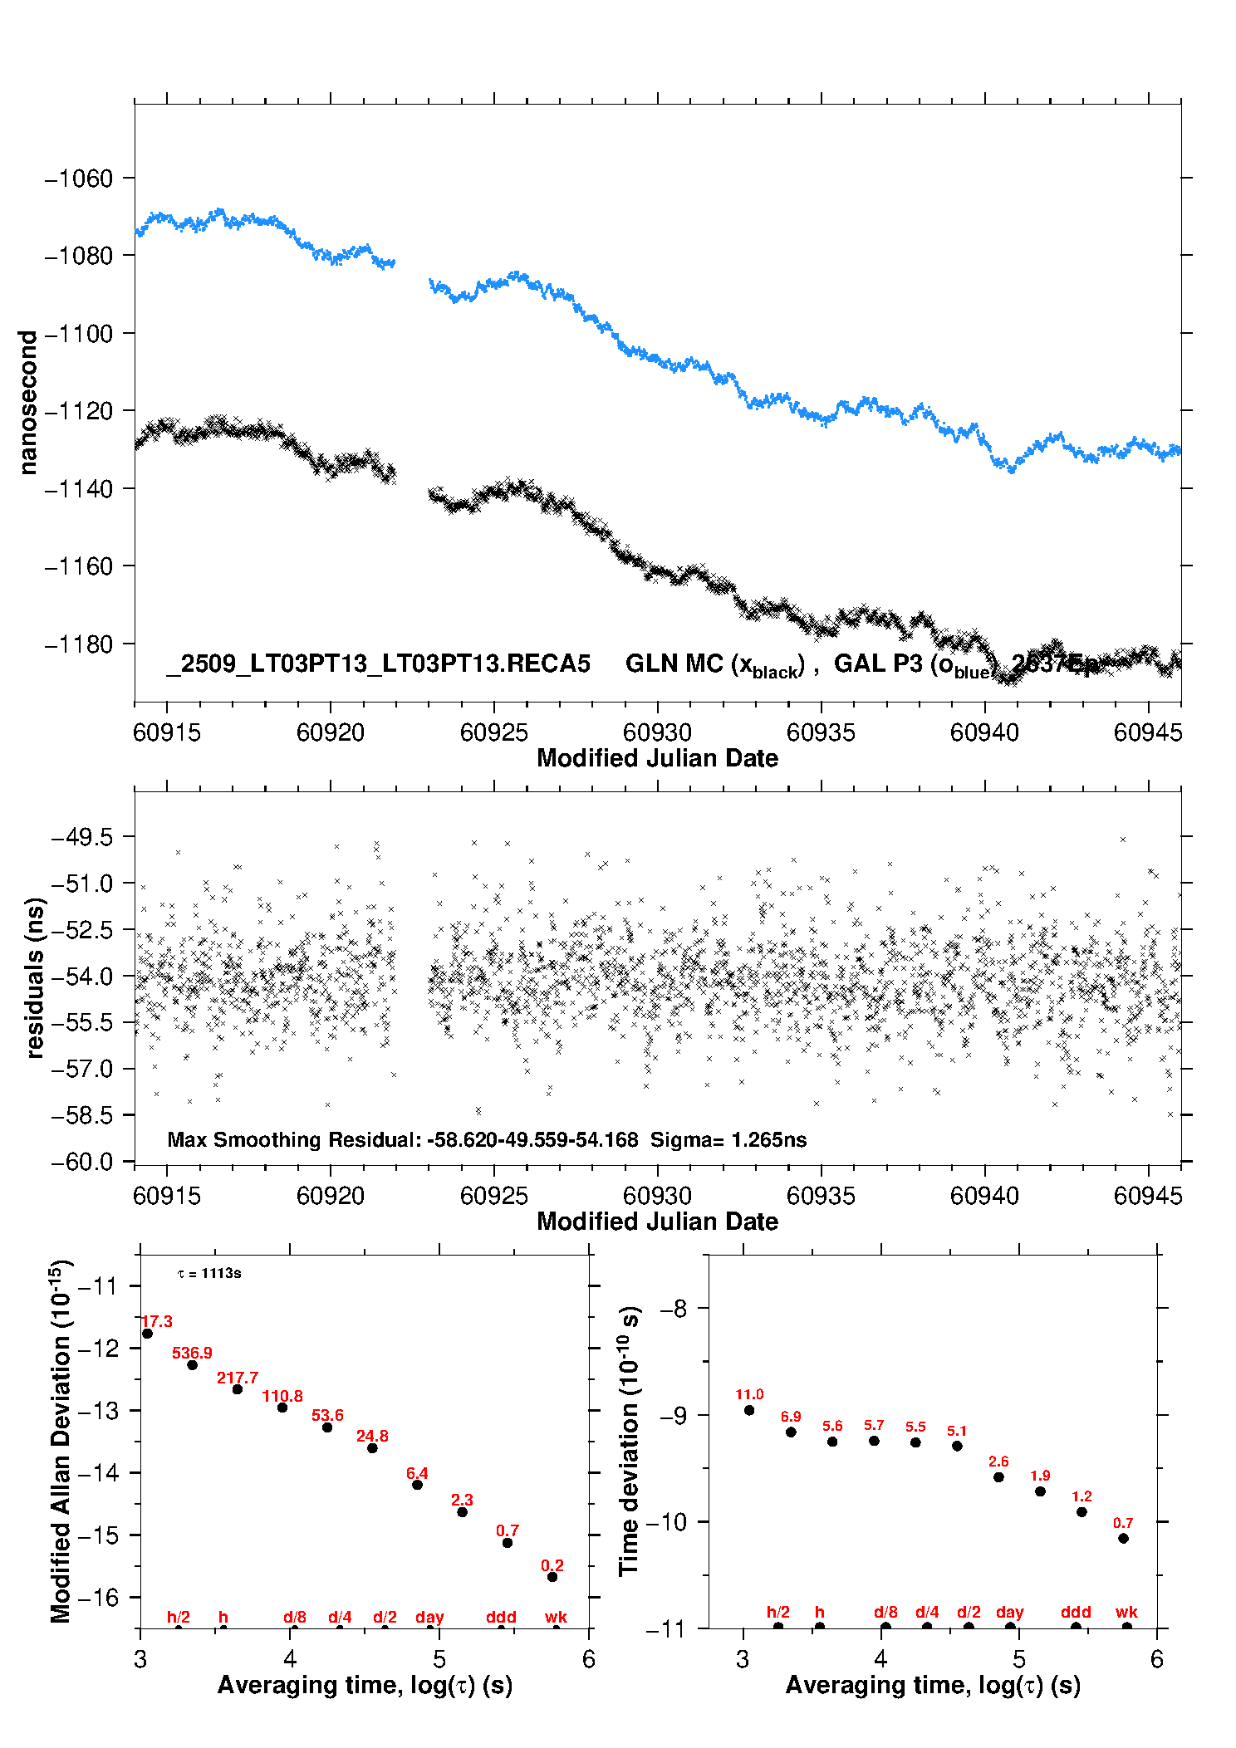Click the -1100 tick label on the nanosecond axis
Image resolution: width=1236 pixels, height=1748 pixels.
click(79, 334)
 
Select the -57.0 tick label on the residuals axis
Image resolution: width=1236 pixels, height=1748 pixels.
click(82, 1069)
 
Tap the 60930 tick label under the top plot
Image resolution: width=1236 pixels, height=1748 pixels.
click(657, 732)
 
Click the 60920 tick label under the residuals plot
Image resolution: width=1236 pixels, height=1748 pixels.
click(331, 1196)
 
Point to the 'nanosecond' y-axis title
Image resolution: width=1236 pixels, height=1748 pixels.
click(28, 403)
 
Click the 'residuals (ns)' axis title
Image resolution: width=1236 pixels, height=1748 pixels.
click(35, 977)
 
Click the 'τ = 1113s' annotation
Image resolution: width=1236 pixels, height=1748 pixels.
click(209, 1273)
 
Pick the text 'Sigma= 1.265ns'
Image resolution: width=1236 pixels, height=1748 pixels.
click(728, 1139)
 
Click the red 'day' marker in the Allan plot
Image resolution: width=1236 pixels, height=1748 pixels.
click(429, 1617)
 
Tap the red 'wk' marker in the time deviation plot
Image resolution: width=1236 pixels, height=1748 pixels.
click(1126, 1612)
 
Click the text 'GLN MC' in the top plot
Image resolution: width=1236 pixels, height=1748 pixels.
click(674, 663)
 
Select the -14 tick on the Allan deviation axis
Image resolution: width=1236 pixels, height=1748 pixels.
click(97, 1473)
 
